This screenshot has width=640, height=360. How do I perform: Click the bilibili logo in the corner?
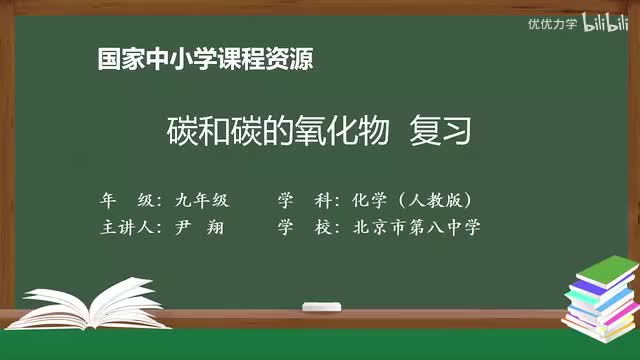606,23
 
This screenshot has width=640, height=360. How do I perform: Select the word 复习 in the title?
439,131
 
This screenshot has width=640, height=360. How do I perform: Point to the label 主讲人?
130,226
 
